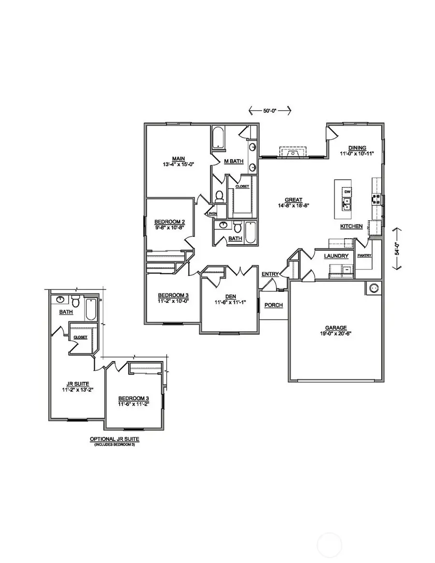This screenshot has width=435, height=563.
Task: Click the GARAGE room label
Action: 336,327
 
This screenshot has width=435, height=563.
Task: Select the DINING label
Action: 358,148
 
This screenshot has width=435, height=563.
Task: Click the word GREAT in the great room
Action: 293,200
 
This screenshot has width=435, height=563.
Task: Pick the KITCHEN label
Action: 351,226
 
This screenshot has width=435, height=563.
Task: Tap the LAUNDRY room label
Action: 336,256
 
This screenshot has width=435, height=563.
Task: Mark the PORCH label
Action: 273,305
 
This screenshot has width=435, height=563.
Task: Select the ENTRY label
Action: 270,274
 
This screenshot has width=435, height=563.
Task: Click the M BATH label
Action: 233,161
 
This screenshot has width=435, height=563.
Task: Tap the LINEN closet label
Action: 212,213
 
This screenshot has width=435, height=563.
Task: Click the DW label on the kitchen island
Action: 347,192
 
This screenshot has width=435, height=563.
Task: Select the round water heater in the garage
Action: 374,289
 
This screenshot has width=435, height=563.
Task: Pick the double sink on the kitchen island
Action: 346,205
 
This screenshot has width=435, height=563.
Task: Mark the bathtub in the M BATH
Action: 218,137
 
